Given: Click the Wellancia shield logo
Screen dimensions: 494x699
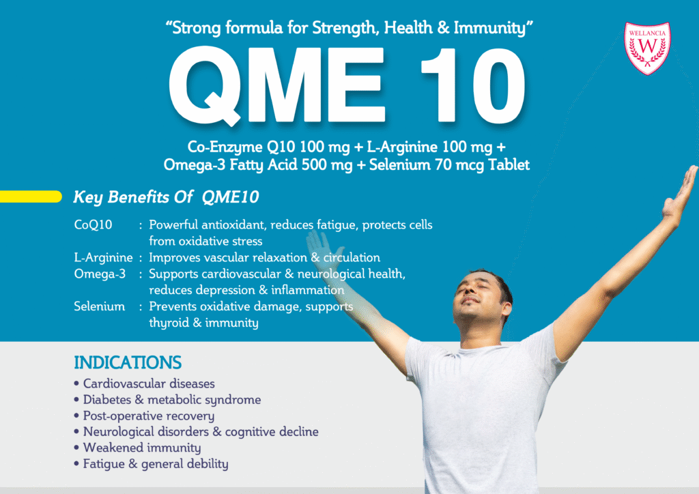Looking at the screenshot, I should [x=647, y=48].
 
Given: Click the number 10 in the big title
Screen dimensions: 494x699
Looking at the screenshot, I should [x=470, y=88].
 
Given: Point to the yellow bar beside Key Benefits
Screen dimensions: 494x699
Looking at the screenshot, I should [x=31, y=197].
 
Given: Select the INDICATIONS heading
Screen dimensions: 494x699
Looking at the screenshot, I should [x=128, y=362].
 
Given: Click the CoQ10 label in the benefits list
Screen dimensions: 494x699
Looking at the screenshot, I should [x=93, y=224].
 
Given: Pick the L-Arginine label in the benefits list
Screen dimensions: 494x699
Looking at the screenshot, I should [x=103, y=258].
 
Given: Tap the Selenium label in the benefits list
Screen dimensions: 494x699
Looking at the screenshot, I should [x=99, y=307].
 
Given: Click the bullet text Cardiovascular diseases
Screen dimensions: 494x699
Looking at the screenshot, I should [x=149, y=383].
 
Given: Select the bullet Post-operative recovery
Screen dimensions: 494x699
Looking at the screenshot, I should [x=149, y=416].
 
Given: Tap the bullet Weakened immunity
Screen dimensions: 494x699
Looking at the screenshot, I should [x=142, y=448].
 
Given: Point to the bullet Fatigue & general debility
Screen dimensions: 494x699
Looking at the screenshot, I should [x=156, y=464].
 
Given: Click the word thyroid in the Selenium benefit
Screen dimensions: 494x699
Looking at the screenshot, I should [x=169, y=323].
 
